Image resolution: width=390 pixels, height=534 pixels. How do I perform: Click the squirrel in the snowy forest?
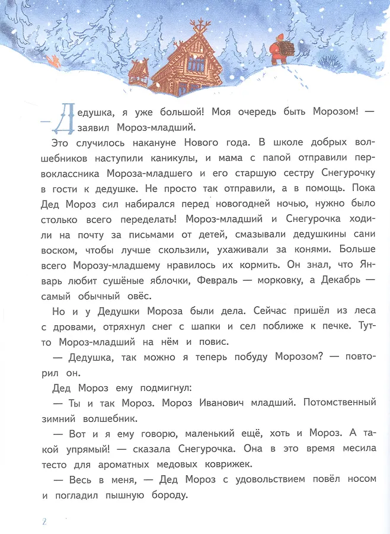(x=54, y=61)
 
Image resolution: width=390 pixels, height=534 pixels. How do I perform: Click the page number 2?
(x=43, y=522)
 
